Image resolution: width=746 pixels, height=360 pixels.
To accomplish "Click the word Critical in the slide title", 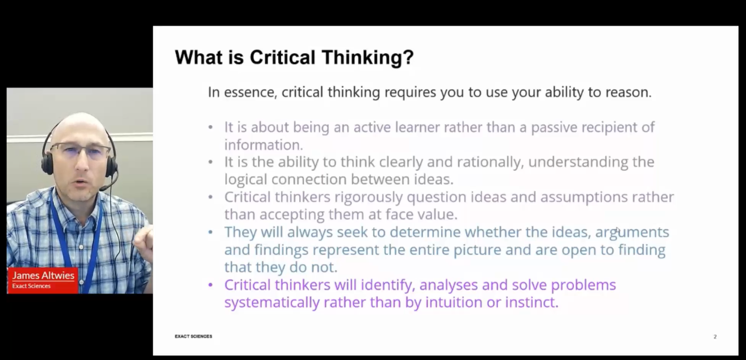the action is (x=282, y=57).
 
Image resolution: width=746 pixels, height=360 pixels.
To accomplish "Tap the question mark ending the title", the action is (x=408, y=57).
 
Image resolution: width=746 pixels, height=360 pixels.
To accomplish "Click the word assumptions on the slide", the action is (x=584, y=197).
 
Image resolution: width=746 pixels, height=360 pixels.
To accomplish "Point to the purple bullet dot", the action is (x=210, y=285).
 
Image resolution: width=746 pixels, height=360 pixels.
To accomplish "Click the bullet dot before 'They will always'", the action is (x=210, y=232).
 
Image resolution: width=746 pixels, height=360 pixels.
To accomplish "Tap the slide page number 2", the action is (x=715, y=337).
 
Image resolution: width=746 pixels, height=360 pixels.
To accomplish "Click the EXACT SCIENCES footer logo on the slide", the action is (x=193, y=336).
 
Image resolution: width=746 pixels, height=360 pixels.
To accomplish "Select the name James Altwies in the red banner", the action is (x=43, y=276).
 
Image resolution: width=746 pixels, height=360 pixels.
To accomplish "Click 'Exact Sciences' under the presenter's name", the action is (x=31, y=286).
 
